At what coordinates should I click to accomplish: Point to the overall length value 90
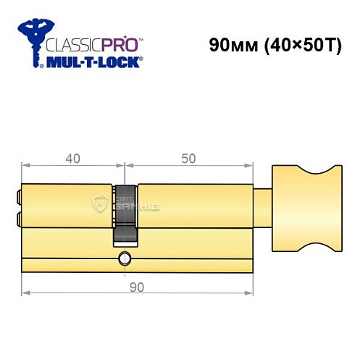[x=136, y=287]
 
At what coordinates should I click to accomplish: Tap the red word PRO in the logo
[x=117, y=44]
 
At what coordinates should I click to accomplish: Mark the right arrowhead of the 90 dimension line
[x=250, y=293]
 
